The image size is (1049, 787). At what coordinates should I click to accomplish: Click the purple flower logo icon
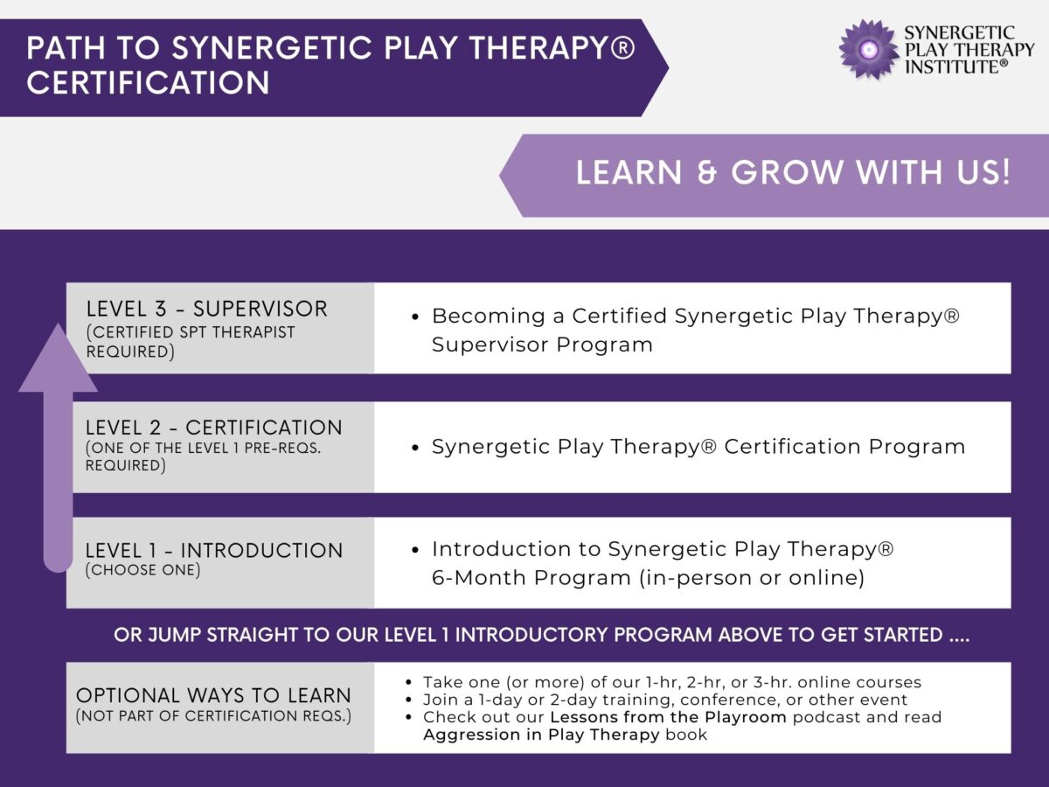pyautogui.click(x=869, y=49)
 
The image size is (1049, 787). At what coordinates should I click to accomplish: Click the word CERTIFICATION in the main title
pyautogui.click(x=148, y=83)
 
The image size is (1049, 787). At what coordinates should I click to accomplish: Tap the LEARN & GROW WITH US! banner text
pyautogui.click(x=792, y=172)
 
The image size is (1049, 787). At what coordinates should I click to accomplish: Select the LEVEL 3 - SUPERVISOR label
pyautogui.click(x=206, y=309)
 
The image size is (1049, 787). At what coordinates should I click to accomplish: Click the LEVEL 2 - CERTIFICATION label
pyautogui.click(x=213, y=428)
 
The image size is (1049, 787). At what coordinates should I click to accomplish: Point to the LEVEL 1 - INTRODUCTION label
pyautogui.click(x=213, y=551)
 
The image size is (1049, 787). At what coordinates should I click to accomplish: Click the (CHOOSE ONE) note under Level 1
pyautogui.click(x=142, y=570)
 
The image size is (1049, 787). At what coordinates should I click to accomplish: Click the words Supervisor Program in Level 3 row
pyautogui.click(x=542, y=345)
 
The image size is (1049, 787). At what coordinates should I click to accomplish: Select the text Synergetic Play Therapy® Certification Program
pyautogui.click(x=698, y=447)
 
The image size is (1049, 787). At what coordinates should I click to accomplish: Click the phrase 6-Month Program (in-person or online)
pyautogui.click(x=648, y=579)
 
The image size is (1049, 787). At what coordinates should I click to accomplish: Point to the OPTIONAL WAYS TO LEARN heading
pyautogui.click(x=213, y=696)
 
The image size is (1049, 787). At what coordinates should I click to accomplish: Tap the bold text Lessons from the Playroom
pyautogui.click(x=668, y=717)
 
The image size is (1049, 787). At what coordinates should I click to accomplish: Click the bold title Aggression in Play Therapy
pyautogui.click(x=541, y=735)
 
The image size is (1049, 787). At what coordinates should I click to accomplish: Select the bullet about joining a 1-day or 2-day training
pyautogui.click(x=664, y=700)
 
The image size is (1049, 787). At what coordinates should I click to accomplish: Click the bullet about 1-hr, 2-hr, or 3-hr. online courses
pyautogui.click(x=671, y=682)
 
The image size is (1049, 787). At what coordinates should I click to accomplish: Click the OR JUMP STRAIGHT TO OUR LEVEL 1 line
pyautogui.click(x=541, y=635)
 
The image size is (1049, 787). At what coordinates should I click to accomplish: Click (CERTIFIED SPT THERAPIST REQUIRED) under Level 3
pyautogui.click(x=191, y=342)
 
